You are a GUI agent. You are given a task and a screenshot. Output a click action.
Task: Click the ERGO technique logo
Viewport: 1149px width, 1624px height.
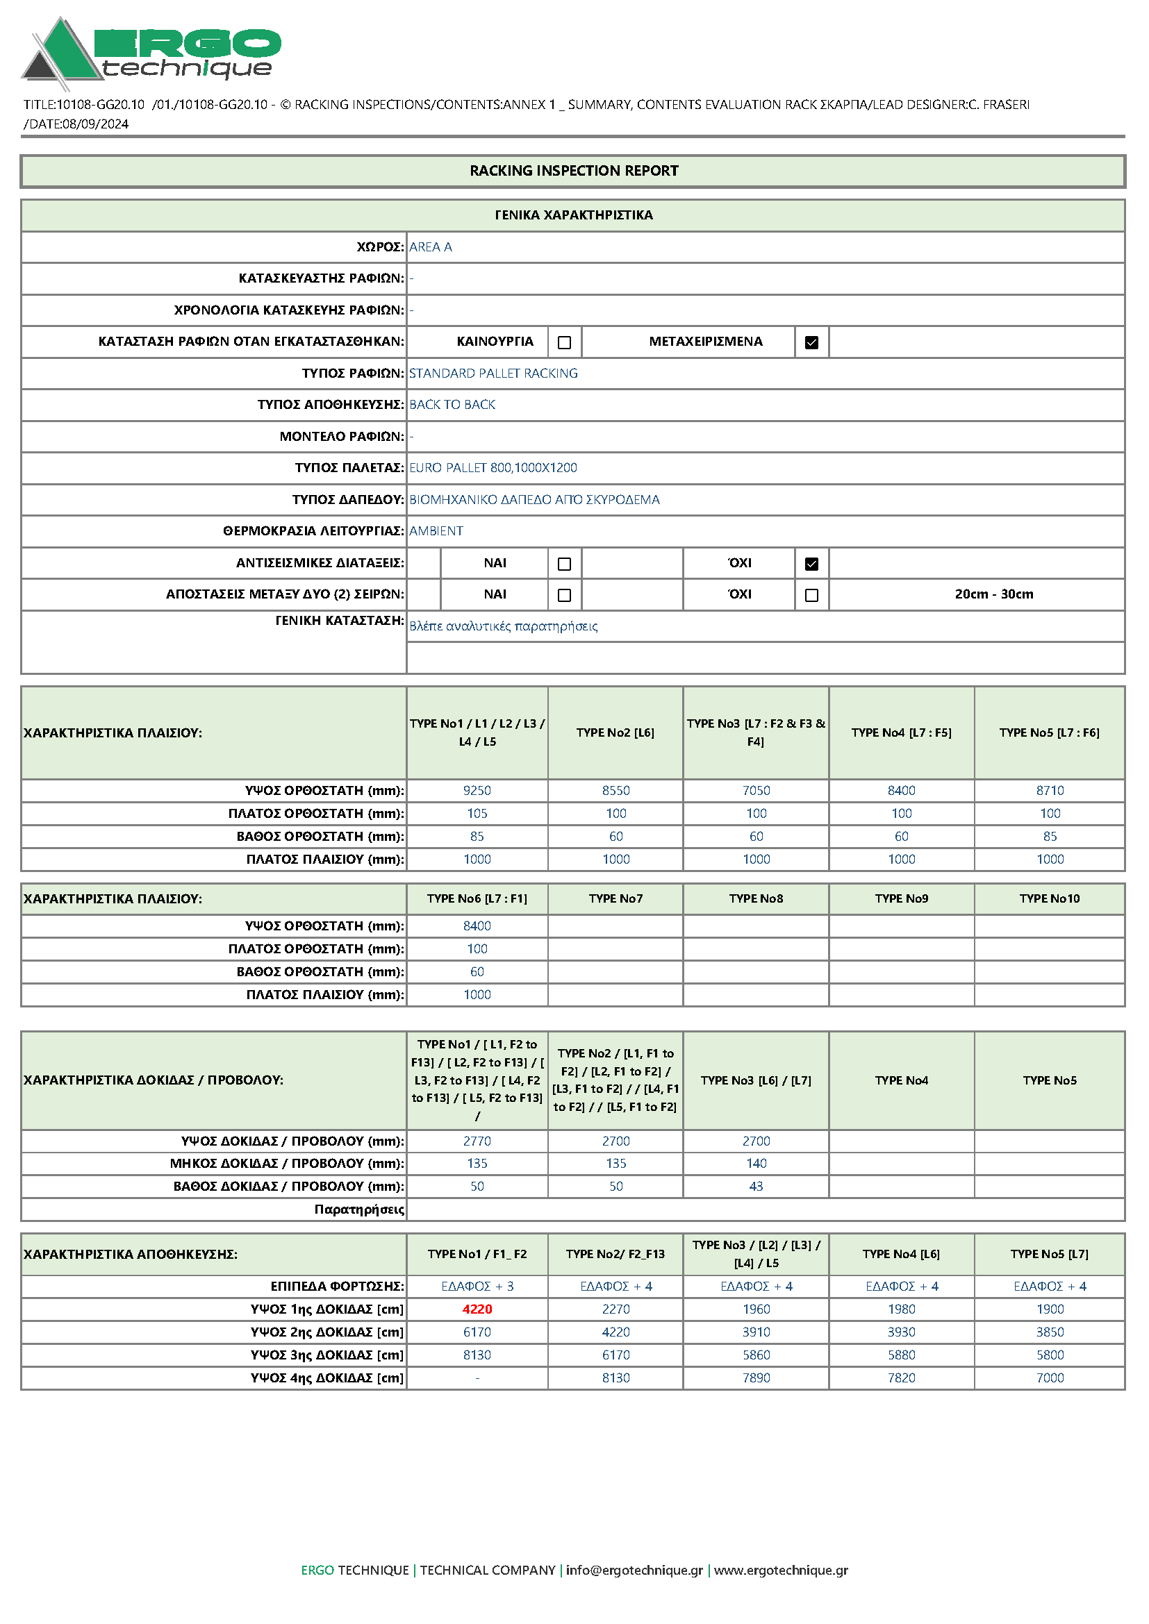(151, 51)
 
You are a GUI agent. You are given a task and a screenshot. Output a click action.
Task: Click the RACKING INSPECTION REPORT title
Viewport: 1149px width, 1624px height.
(573, 171)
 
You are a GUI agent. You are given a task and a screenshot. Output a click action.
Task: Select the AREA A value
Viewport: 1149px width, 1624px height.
(430, 247)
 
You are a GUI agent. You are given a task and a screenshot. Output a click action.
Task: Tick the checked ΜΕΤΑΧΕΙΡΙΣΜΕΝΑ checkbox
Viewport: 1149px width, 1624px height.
(811, 342)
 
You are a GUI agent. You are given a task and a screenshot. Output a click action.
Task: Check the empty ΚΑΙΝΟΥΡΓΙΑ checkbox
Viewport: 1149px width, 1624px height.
(564, 342)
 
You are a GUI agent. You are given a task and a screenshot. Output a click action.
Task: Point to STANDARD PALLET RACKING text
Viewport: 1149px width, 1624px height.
(493, 374)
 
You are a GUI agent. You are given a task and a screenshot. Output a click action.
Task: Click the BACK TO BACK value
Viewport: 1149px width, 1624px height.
(452, 405)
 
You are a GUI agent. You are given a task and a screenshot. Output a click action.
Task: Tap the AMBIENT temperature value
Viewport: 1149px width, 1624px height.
(436, 531)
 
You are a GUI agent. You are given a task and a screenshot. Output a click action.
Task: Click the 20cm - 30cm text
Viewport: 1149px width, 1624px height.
(993, 594)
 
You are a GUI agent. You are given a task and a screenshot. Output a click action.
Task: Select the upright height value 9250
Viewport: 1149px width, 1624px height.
(477, 790)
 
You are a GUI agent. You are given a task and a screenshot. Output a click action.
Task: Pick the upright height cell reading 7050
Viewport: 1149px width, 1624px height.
(756, 790)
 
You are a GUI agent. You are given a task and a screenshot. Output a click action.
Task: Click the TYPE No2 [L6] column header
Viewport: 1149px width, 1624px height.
(615, 733)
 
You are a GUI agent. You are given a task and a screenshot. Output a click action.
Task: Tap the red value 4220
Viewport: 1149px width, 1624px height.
(477, 1309)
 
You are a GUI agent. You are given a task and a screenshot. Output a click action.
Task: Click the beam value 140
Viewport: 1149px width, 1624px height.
(756, 1164)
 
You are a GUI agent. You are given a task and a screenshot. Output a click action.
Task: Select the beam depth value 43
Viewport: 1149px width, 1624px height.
(756, 1186)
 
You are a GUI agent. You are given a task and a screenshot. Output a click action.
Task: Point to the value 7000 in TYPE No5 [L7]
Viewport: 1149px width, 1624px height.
(1049, 1378)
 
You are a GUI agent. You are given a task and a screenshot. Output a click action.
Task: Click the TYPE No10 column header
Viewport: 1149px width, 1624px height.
(1049, 899)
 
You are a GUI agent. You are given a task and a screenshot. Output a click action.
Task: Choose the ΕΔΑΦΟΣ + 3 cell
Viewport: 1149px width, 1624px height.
(477, 1287)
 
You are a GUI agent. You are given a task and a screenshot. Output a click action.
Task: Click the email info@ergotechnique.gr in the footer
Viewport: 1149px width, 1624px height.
(634, 1571)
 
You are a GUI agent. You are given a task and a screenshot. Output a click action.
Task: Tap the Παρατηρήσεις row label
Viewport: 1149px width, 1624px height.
(358, 1209)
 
